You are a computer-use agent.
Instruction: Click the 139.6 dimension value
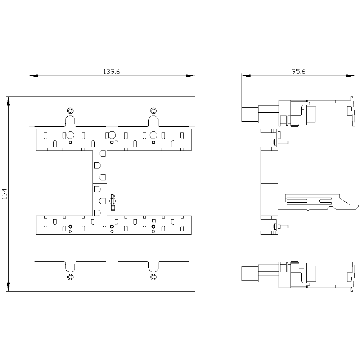(x=111, y=72)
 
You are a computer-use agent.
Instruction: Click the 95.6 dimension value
(x=298, y=72)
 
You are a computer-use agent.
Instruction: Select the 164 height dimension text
(x=4, y=194)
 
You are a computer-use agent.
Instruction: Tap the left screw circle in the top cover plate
(x=70, y=111)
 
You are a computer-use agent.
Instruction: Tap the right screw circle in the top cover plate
(x=153, y=111)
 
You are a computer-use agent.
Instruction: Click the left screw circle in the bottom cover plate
(x=70, y=277)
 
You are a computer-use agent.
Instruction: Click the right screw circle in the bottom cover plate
(x=153, y=277)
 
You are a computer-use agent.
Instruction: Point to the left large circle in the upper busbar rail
(x=70, y=135)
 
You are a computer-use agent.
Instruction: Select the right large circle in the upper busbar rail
(x=153, y=135)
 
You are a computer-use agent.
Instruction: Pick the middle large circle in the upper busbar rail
(x=112, y=135)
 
